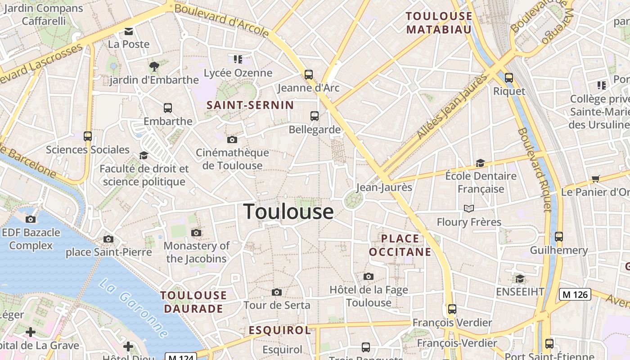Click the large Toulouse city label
point(288,211)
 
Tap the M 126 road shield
point(575,295)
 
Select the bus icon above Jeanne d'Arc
point(309,75)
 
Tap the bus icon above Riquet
point(509,78)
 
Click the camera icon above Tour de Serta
point(277,292)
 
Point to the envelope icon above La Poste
point(129,31)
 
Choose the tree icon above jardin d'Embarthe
point(154,67)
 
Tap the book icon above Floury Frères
point(469,208)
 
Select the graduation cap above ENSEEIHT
point(520,279)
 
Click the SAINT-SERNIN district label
point(250,105)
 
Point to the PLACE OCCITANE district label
point(400,245)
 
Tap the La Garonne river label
point(134,308)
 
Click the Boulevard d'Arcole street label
point(221,21)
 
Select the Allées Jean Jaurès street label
point(453,106)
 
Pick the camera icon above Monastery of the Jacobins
point(196,233)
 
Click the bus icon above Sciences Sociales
point(88,136)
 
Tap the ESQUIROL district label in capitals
point(280,330)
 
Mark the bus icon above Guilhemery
point(559,236)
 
